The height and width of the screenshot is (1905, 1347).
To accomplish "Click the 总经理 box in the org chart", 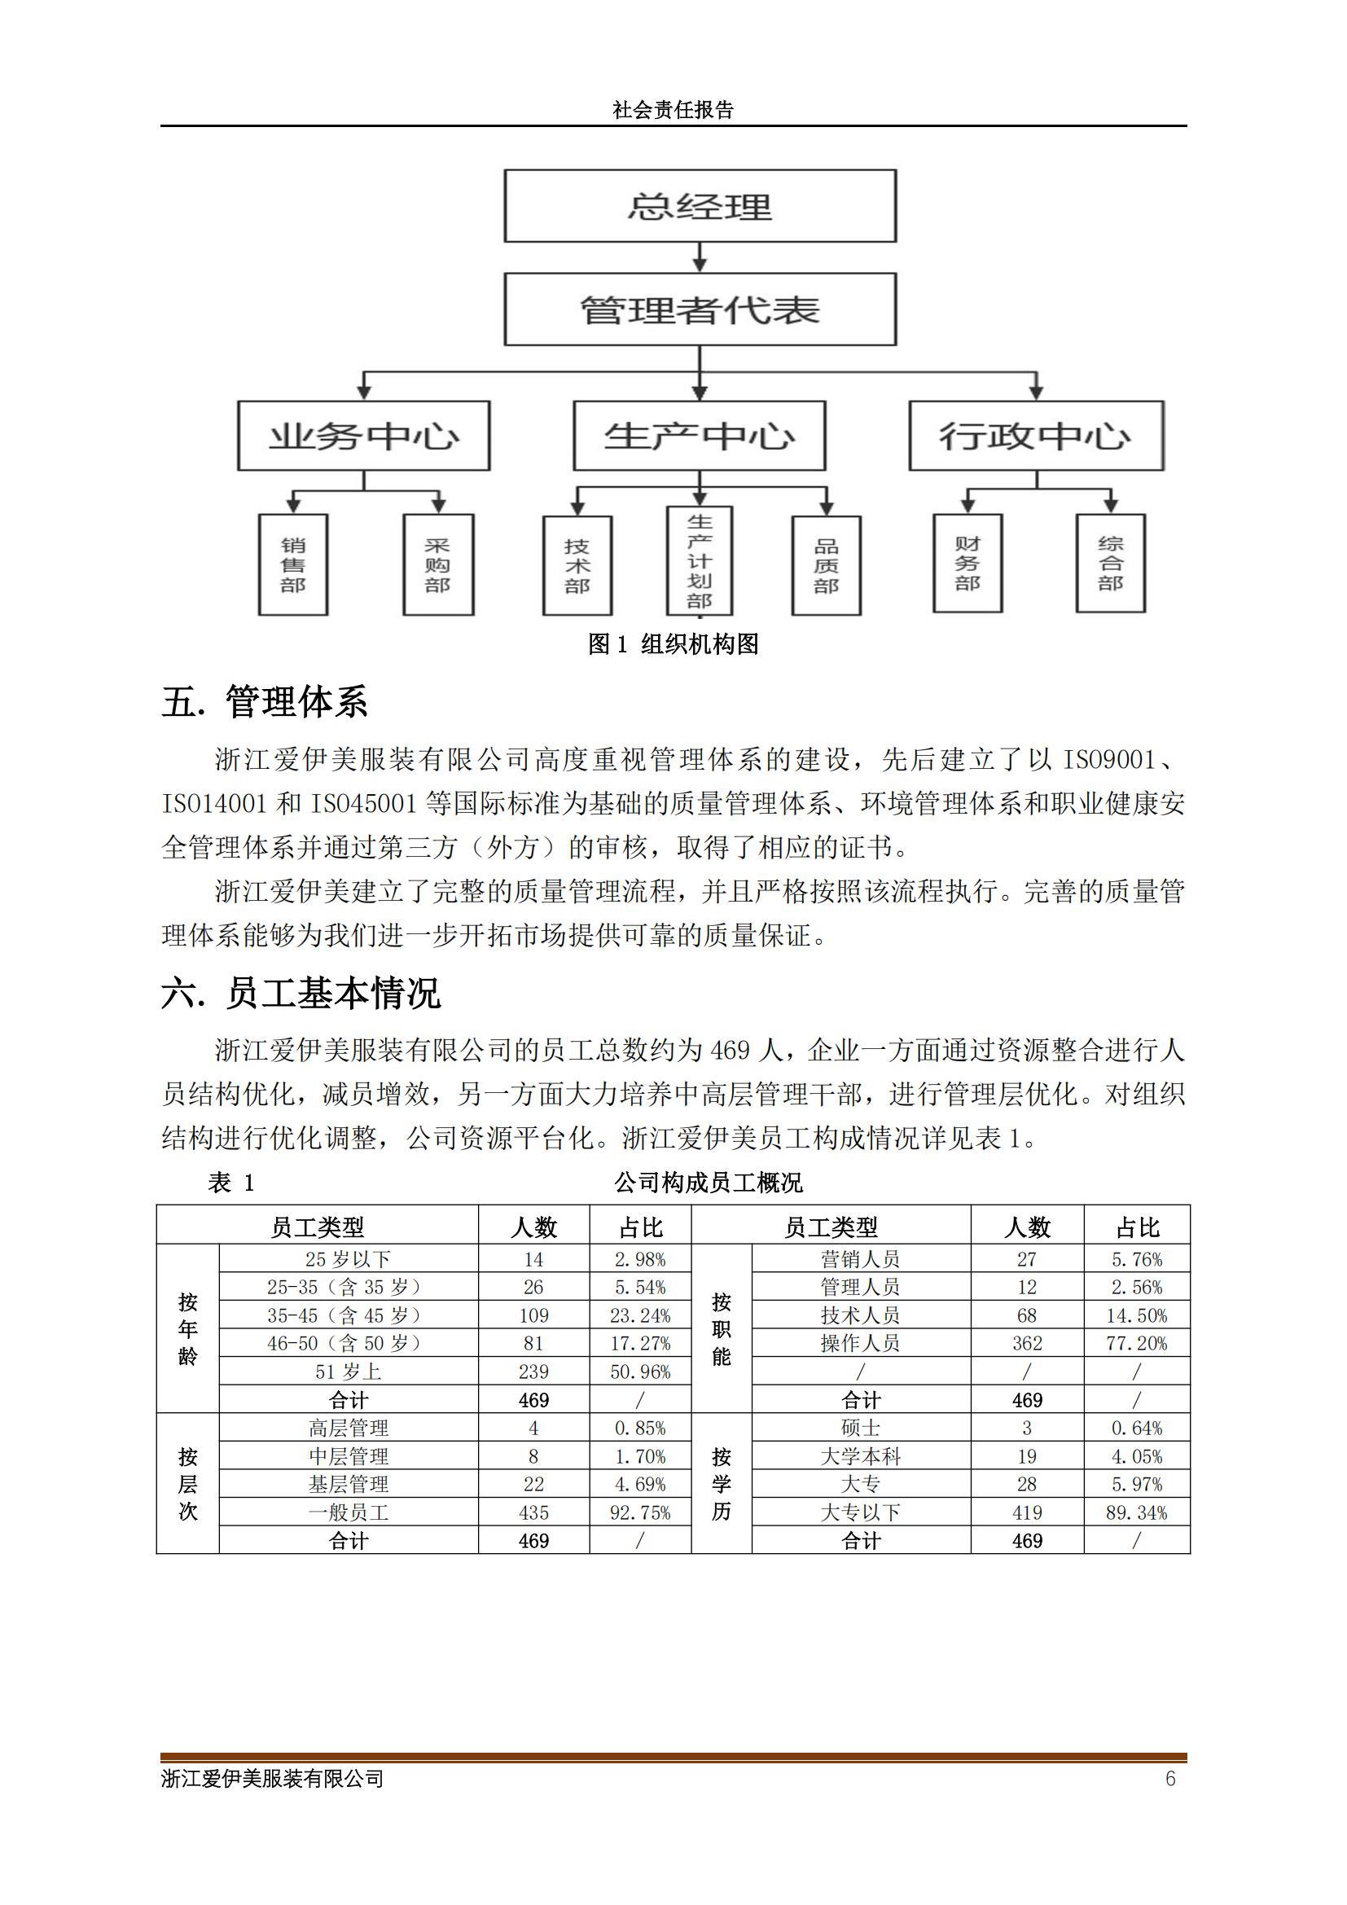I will (700, 206).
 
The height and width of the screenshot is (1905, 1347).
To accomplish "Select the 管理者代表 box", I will (700, 309).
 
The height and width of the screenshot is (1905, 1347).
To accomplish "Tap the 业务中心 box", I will (363, 436).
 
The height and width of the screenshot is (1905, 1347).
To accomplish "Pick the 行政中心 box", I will (1036, 436).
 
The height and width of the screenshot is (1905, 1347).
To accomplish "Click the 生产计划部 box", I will (700, 561).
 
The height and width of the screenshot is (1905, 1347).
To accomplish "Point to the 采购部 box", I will (438, 565).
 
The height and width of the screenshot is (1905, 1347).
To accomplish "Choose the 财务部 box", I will (967, 564).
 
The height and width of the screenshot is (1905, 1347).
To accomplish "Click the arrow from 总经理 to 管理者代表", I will (700, 258).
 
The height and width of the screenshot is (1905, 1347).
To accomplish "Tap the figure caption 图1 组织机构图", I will (673, 644).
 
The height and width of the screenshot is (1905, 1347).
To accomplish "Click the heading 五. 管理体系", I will (265, 702).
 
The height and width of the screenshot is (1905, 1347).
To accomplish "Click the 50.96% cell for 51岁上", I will (639, 1372).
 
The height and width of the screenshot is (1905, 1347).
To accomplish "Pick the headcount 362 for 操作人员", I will (1027, 1343).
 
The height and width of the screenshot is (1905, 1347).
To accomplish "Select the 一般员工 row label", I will (349, 1512).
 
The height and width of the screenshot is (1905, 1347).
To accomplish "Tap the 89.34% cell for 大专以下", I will (1135, 1512).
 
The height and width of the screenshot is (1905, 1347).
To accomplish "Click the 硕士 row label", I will (860, 1428).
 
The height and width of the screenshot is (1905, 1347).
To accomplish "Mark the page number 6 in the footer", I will (1170, 1778).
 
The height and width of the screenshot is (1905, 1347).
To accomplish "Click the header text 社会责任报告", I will (673, 110).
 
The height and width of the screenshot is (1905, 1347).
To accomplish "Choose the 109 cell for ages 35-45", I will (533, 1315).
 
